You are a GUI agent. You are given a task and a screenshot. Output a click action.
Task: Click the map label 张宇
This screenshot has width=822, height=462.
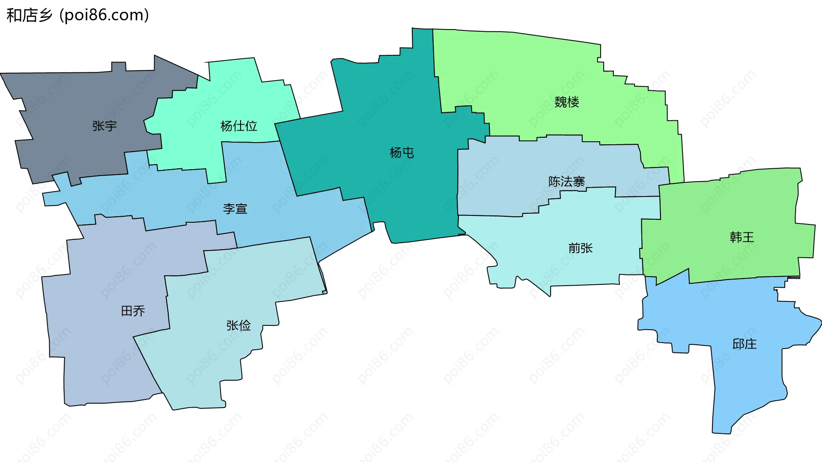tap(104, 126)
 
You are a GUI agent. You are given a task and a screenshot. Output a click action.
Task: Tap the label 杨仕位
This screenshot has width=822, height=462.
tap(238, 126)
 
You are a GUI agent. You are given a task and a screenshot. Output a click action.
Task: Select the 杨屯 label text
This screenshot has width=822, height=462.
tap(402, 152)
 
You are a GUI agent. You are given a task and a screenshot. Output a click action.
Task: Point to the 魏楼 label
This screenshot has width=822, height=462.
tap(566, 102)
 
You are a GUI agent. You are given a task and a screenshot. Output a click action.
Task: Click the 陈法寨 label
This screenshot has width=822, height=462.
tap(566, 182)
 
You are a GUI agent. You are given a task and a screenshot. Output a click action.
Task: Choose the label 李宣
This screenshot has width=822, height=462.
tap(235, 209)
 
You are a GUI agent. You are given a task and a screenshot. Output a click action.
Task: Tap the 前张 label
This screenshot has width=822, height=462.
tap(580, 248)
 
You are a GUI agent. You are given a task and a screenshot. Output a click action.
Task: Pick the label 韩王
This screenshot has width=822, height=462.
tap(742, 237)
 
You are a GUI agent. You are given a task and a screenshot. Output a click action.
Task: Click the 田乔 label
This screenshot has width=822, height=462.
tap(133, 311)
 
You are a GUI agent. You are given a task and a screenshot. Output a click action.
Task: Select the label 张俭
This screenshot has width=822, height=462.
tap(238, 325)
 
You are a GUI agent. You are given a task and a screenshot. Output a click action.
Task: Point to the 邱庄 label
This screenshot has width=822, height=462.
tap(744, 344)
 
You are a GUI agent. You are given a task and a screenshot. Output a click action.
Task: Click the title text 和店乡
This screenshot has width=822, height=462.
tap(29, 15)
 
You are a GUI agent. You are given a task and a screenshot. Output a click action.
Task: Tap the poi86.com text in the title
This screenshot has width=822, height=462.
tap(104, 15)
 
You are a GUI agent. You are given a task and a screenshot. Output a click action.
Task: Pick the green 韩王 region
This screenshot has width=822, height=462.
tap(728, 206)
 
